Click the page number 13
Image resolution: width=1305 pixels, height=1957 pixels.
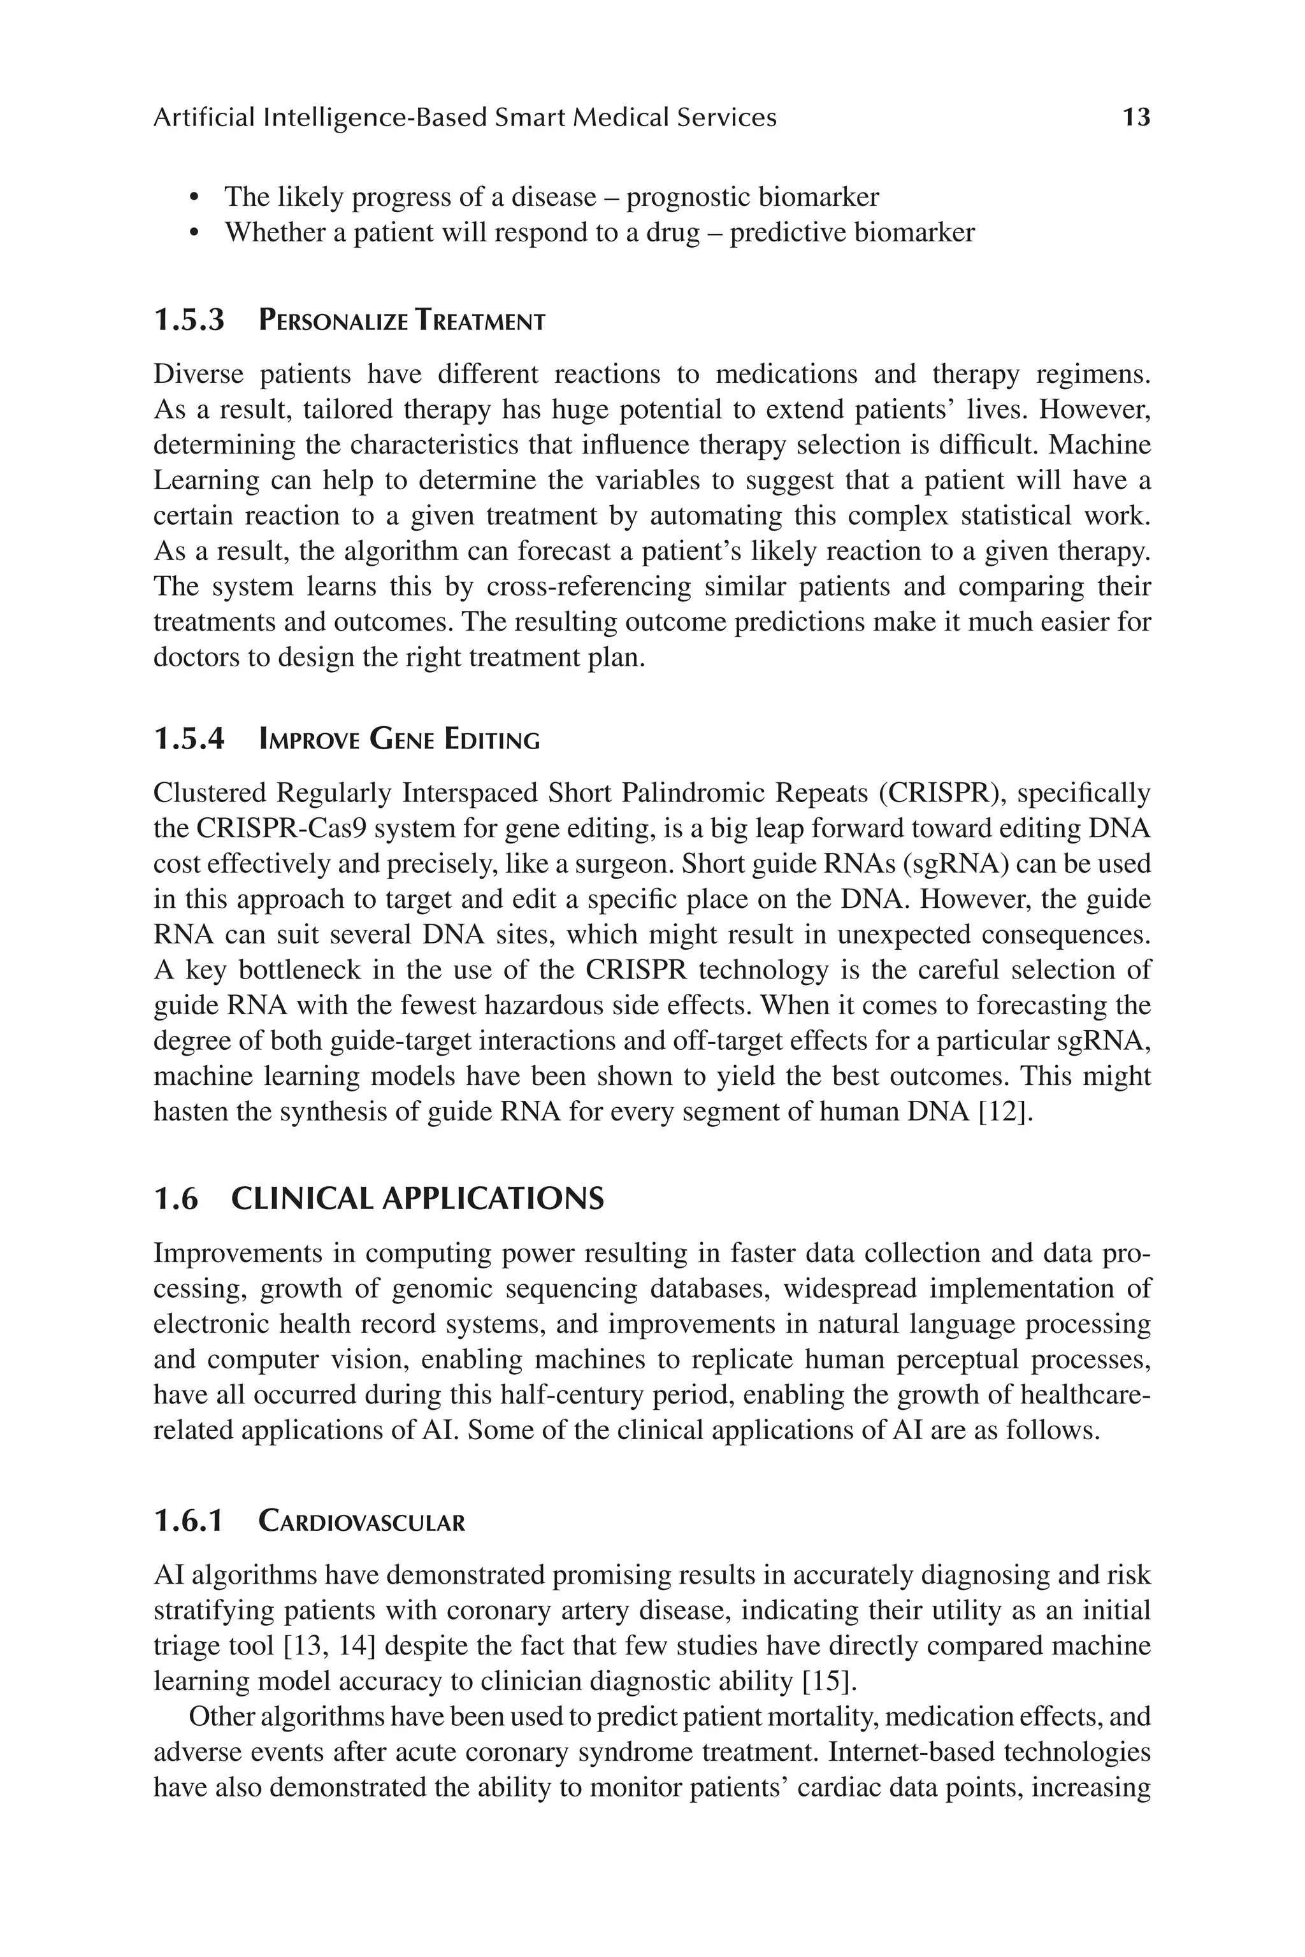(1136, 117)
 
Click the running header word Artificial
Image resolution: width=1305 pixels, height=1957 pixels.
(204, 117)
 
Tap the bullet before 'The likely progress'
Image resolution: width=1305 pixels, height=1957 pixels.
(195, 198)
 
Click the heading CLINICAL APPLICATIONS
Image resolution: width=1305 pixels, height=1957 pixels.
(417, 1199)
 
